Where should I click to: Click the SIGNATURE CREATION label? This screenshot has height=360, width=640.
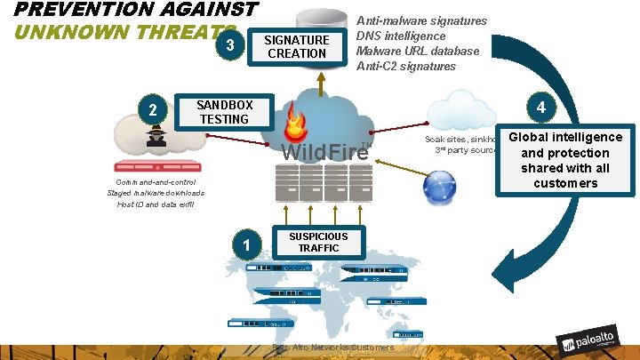coord(297,46)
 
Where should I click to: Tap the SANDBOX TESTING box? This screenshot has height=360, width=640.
coord(224,112)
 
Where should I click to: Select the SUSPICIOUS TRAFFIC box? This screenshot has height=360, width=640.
coord(318,242)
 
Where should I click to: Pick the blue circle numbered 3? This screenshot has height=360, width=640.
coord(230,45)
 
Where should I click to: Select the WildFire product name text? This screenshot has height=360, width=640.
coord(324,151)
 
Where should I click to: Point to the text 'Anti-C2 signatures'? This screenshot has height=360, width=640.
coord(405,66)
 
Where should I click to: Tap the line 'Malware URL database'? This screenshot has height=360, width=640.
coord(417,51)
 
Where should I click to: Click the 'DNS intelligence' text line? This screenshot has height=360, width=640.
coord(401,36)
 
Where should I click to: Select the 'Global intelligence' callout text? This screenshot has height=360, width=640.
coord(565,138)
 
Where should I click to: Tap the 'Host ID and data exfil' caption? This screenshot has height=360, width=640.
coord(156,204)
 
